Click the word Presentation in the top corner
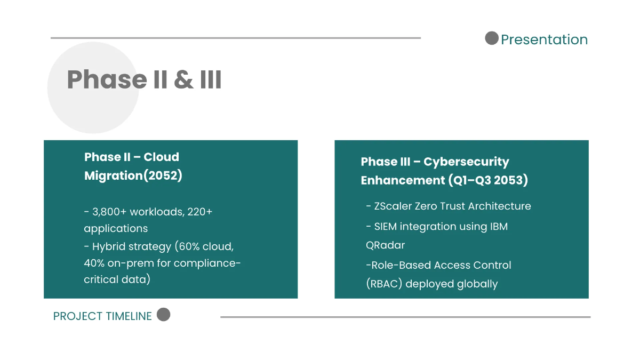(x=545, y=39)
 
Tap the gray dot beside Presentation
(x=492, y=38)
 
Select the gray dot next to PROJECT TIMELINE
(x=163, y=315)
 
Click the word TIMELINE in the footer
(x=129, y=316)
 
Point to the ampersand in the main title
(x=183, y=79)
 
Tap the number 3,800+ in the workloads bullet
(x=109, y=212)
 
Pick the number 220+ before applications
(x=199, y=212)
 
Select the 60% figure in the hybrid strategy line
(x=189, y=246)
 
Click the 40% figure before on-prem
(x=94, y=263)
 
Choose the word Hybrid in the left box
(x=108, y=247)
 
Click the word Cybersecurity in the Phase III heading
(x=466, y=162)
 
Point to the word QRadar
(x=386, y=245)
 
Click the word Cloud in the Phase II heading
(x=161, y=157)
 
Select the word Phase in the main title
(x=107, y=79)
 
